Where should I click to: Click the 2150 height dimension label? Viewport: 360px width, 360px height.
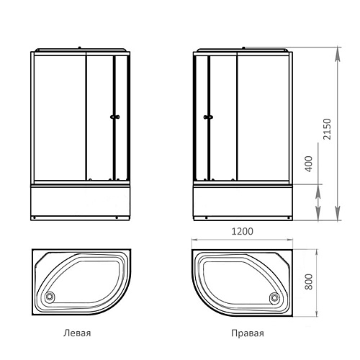327,129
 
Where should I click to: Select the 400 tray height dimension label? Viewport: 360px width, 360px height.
309,164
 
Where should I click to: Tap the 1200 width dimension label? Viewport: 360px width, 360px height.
242,231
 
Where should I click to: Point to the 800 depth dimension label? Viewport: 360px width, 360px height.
309,282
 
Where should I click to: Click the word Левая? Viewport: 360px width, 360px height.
77,333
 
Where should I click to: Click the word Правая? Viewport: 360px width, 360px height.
248,333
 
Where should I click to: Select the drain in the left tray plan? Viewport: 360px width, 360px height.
50,297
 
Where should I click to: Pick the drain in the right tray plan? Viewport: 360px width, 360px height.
274,298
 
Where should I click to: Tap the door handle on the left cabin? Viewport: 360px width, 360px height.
115,117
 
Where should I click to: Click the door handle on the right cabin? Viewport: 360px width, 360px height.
208,117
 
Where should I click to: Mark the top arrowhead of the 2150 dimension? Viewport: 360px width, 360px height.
338,52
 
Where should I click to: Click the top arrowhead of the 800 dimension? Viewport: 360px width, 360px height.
317,253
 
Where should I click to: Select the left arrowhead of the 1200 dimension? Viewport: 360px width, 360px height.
195,240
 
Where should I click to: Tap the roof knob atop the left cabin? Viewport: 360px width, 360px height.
79,48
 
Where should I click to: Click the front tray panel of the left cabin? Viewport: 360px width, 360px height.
80,200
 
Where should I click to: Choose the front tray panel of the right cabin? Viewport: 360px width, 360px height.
243,200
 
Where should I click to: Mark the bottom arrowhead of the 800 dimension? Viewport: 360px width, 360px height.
317,313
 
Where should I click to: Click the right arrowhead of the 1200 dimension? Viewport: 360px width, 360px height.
289,240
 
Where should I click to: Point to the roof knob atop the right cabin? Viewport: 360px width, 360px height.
243,48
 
